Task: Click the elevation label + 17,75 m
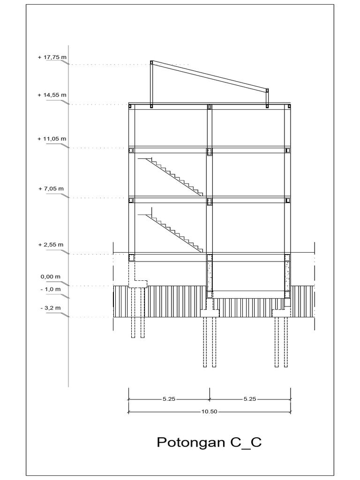pos(52,58)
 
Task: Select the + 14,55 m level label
pos(52,95)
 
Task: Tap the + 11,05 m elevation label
pos(52,139)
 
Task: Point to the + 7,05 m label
pos(51,188)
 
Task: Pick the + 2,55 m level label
pos(51,245)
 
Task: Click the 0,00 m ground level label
pos(51,277)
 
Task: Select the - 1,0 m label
pos(51,289)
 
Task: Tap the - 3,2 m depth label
pos(51,308)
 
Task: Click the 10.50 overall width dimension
pos(210,412)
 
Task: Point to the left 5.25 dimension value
pos(169,399)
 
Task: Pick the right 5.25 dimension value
pos(250,399)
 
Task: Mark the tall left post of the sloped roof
pos(151,83)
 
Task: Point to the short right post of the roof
pos(268,97)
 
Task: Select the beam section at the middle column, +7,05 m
pos(210,202)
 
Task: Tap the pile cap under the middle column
pos(210,313)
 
